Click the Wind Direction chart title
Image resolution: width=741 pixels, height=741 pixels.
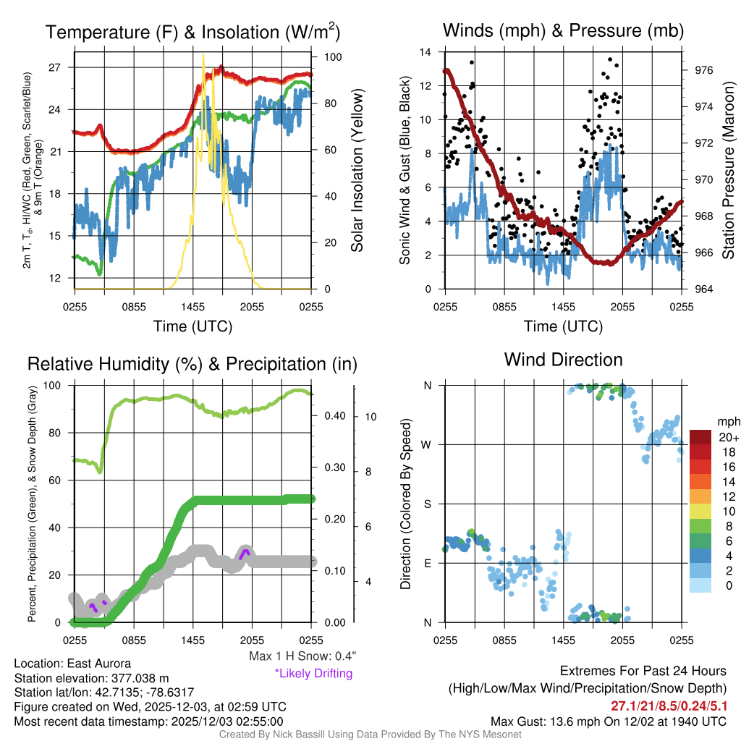coord(563,360)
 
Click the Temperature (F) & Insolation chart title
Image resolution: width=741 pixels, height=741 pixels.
coord(192,33)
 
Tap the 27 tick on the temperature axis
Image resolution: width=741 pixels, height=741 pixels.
coord(62,67)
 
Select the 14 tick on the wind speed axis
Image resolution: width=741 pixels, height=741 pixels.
coord(425,52)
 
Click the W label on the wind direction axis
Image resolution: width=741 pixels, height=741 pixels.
coord(427,444)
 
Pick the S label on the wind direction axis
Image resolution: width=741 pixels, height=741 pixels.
coord(427,504)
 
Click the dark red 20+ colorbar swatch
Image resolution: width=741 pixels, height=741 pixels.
coord(701,438)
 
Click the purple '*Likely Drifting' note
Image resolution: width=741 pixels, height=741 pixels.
coord(313,674)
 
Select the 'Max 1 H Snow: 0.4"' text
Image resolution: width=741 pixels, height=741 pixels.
coord(302,656)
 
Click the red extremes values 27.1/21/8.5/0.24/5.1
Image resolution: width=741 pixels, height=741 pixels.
coord(669,706)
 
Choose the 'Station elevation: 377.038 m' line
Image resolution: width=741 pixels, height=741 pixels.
coord(90,678)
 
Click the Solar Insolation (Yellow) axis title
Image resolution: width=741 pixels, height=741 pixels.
coord(357,171)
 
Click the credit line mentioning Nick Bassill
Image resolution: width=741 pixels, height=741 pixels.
coord(370,734)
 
